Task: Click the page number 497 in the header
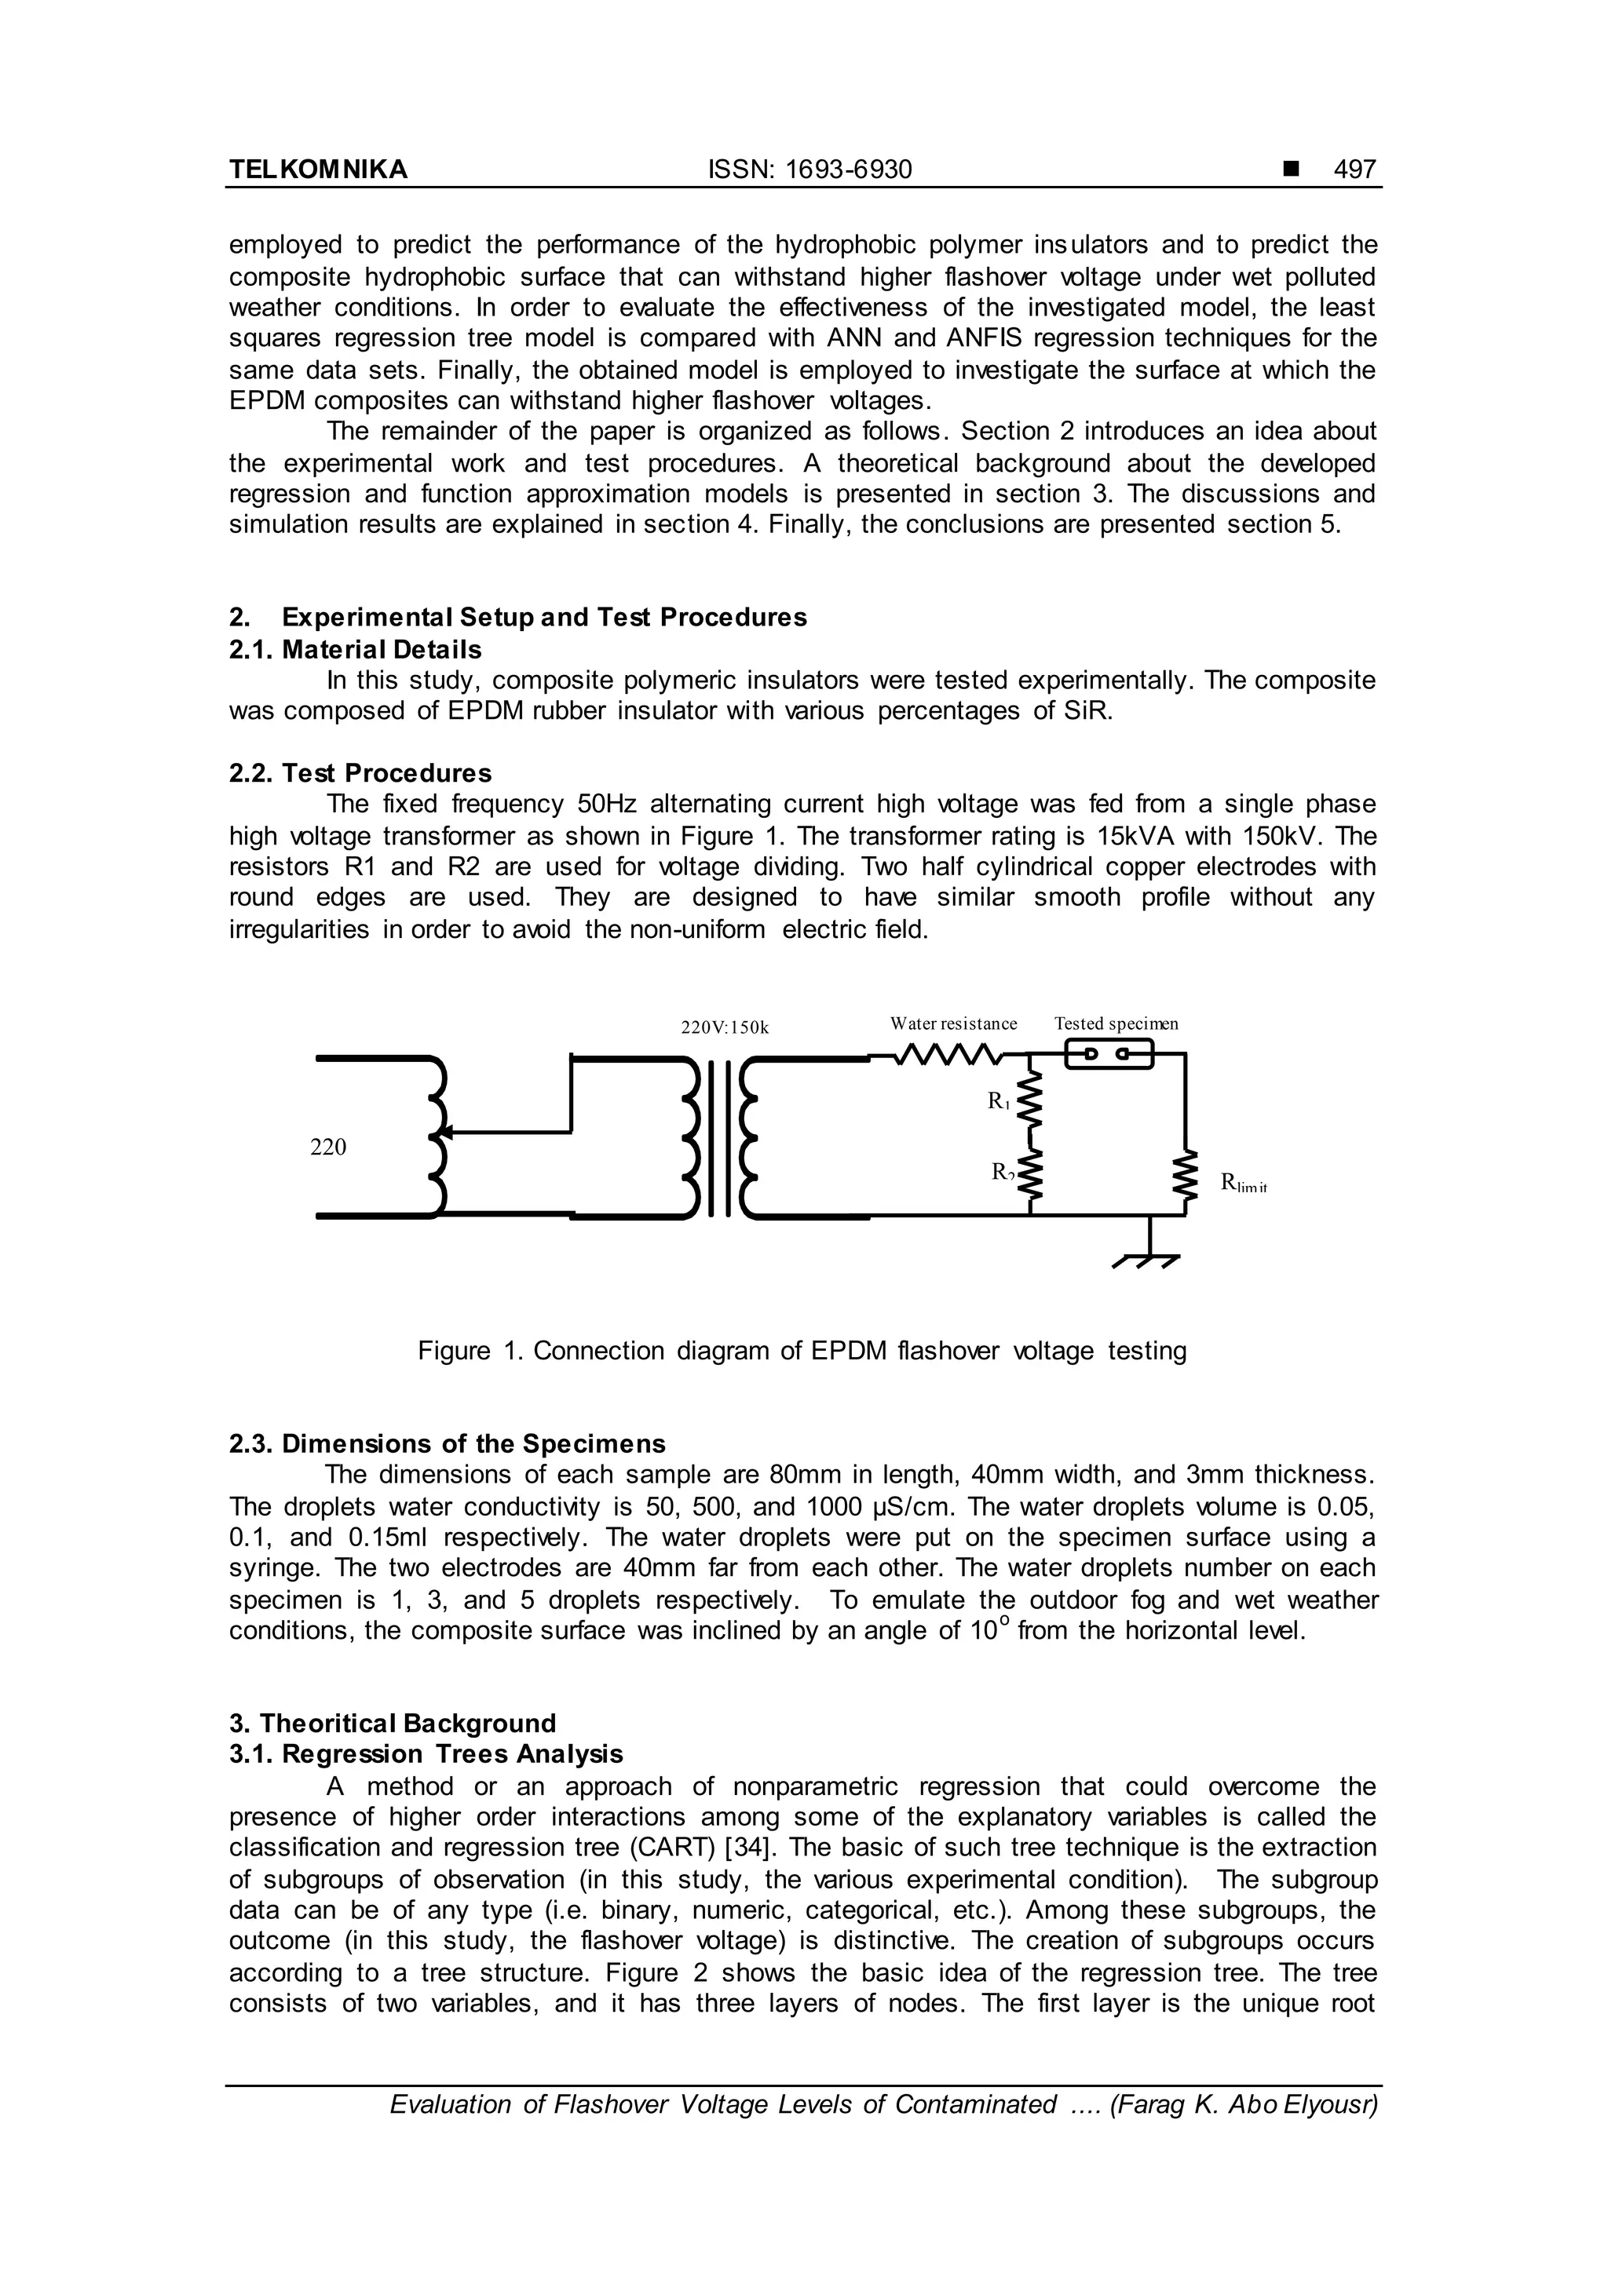(1354, 170)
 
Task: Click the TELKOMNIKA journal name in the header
(318, 170)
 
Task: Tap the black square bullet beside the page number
(1290, 170)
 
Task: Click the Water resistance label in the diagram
(952, 1023)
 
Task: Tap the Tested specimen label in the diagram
(1116, 1023)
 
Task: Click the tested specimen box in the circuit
(1109, 1056)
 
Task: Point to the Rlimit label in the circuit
(1244, 1182)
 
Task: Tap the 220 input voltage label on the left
(327, 1147)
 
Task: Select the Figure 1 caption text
(802, 1350)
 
